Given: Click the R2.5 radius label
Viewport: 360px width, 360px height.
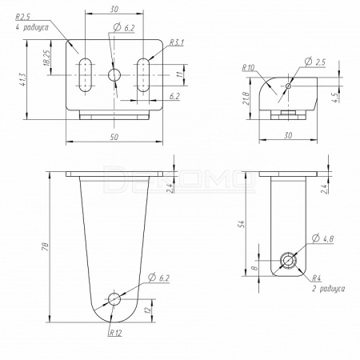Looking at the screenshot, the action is [x=23, y=17].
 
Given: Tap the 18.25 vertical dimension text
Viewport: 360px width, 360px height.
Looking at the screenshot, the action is [x=46, y=58].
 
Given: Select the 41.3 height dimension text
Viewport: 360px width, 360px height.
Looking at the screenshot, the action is [x=23, y=79].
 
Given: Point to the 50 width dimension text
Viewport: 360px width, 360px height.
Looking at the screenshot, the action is [x=114, y=137].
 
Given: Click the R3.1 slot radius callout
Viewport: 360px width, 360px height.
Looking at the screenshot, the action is [x=177, y=42].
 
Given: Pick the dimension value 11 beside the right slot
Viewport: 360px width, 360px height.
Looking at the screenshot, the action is [x=181, y=74].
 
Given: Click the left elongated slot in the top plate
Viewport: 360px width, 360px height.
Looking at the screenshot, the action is [x=86, y=75].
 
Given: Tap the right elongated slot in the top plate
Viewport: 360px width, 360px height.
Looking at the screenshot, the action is [x=143, y=75].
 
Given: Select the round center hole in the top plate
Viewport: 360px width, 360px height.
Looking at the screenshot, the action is [x=114, y=75].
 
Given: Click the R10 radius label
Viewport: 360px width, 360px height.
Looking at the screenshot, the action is [x=248, y=68].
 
